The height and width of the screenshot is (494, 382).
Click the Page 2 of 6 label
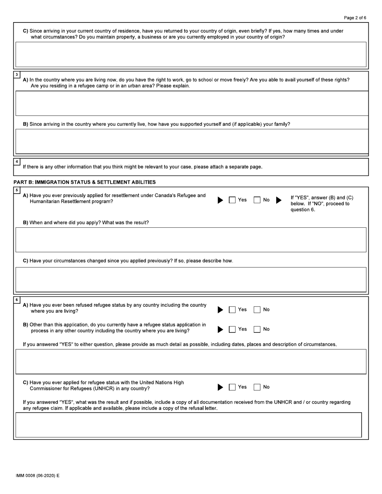pos(355,18)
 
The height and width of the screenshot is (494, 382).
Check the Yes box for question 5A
pos(232,200)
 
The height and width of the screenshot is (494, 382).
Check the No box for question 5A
pos(257,200)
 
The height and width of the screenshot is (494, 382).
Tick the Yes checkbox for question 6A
pos(232,310)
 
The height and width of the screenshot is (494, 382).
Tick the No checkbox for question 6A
pos(257,310)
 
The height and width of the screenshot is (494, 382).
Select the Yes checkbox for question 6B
pos(232,329)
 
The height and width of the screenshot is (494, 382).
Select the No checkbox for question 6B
pos(257,329)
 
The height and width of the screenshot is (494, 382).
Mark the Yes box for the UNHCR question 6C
pos(232,387)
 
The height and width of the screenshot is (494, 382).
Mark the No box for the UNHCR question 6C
pos(257,387)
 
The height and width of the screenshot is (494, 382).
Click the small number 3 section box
pos(16,75)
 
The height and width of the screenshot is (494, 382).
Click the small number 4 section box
pos(16,161)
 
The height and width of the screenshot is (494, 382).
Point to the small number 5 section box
pos(16,190)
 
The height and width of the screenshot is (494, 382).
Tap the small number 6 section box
pos(16,300)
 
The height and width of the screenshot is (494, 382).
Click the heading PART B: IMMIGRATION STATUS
pos(84,182)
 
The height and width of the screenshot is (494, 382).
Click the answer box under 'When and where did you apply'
pos(191,240)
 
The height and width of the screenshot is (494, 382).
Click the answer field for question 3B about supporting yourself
pos(191,141)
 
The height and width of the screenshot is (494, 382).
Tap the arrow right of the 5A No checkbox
pos(279,200)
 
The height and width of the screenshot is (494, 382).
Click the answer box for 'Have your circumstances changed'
pos(191,280)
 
